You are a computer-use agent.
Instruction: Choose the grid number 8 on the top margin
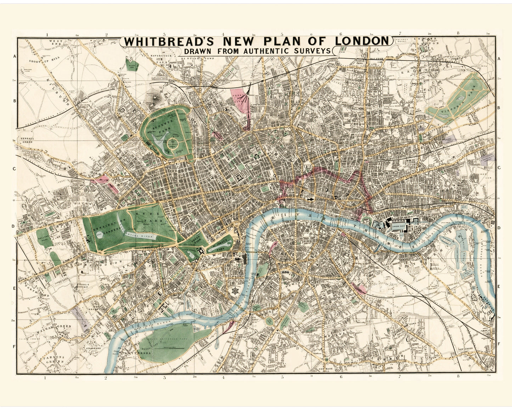458,33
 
